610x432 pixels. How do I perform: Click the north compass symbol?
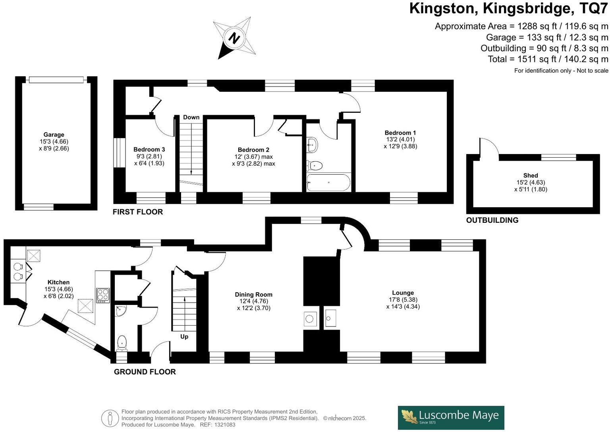coord(234,39)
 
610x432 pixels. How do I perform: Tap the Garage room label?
coord(54,135)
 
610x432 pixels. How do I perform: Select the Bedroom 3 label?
coord(149,149)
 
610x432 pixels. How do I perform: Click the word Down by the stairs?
coord(191,117)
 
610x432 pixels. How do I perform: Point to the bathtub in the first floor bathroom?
coord(328,183)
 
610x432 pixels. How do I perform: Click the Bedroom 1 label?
coord(400,133)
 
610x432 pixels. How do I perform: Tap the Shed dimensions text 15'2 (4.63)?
coord(531,183)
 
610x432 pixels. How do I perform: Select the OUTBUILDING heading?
coord(492,220)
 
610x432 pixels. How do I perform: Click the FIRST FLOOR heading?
coord(137,212)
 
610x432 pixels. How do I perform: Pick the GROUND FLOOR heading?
coord(145,372)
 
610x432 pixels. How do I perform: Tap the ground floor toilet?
coord(122,342)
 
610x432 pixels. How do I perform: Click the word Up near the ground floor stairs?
coord(184,337)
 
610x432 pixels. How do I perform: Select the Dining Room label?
coord(253,295)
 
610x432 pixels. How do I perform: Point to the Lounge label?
coord(403,293)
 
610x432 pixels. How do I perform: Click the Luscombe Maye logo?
coord(451,417)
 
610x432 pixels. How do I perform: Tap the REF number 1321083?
coord(224,424)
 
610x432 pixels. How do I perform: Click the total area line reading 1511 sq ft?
coord(548,59)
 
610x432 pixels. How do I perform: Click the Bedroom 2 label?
coord(253,150)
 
